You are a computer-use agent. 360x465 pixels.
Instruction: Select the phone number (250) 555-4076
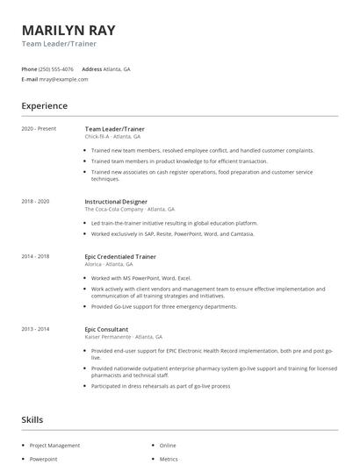56,68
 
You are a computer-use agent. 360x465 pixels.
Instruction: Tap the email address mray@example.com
64,79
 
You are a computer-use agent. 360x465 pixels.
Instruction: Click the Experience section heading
44,106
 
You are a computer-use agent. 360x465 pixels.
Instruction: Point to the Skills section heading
32,420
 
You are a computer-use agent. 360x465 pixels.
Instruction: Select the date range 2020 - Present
39,129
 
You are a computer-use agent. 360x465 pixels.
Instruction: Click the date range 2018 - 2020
35,202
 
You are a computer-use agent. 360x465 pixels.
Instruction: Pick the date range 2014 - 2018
35,256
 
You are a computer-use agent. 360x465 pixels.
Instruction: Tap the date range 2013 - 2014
35,328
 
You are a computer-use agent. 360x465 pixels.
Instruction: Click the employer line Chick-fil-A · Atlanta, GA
112,137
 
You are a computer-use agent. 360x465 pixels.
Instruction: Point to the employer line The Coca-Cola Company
129,210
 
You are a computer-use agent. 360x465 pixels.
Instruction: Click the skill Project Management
54,446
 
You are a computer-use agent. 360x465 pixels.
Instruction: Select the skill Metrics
168,459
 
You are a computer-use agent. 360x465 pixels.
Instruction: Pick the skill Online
168,446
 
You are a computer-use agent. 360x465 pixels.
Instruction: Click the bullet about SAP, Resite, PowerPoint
173,234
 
